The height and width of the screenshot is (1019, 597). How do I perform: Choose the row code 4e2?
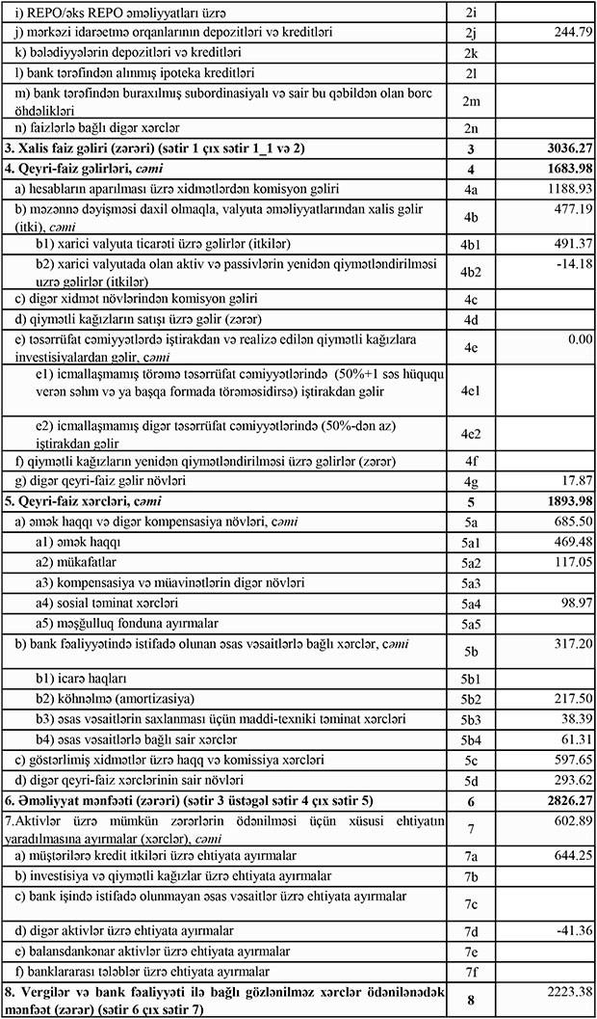[470, 432]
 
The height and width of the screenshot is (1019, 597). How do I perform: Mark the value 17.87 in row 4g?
[572, 480]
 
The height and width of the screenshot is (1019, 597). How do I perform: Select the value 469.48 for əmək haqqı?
[567, 542]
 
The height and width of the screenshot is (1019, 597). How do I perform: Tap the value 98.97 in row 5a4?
[572, 603]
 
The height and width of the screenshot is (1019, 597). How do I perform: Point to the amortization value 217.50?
[567, 698]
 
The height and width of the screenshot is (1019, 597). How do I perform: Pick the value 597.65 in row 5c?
[567, 760]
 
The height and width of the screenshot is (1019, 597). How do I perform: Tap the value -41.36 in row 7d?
[569, 931]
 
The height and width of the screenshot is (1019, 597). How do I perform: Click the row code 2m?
[470, 99]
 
